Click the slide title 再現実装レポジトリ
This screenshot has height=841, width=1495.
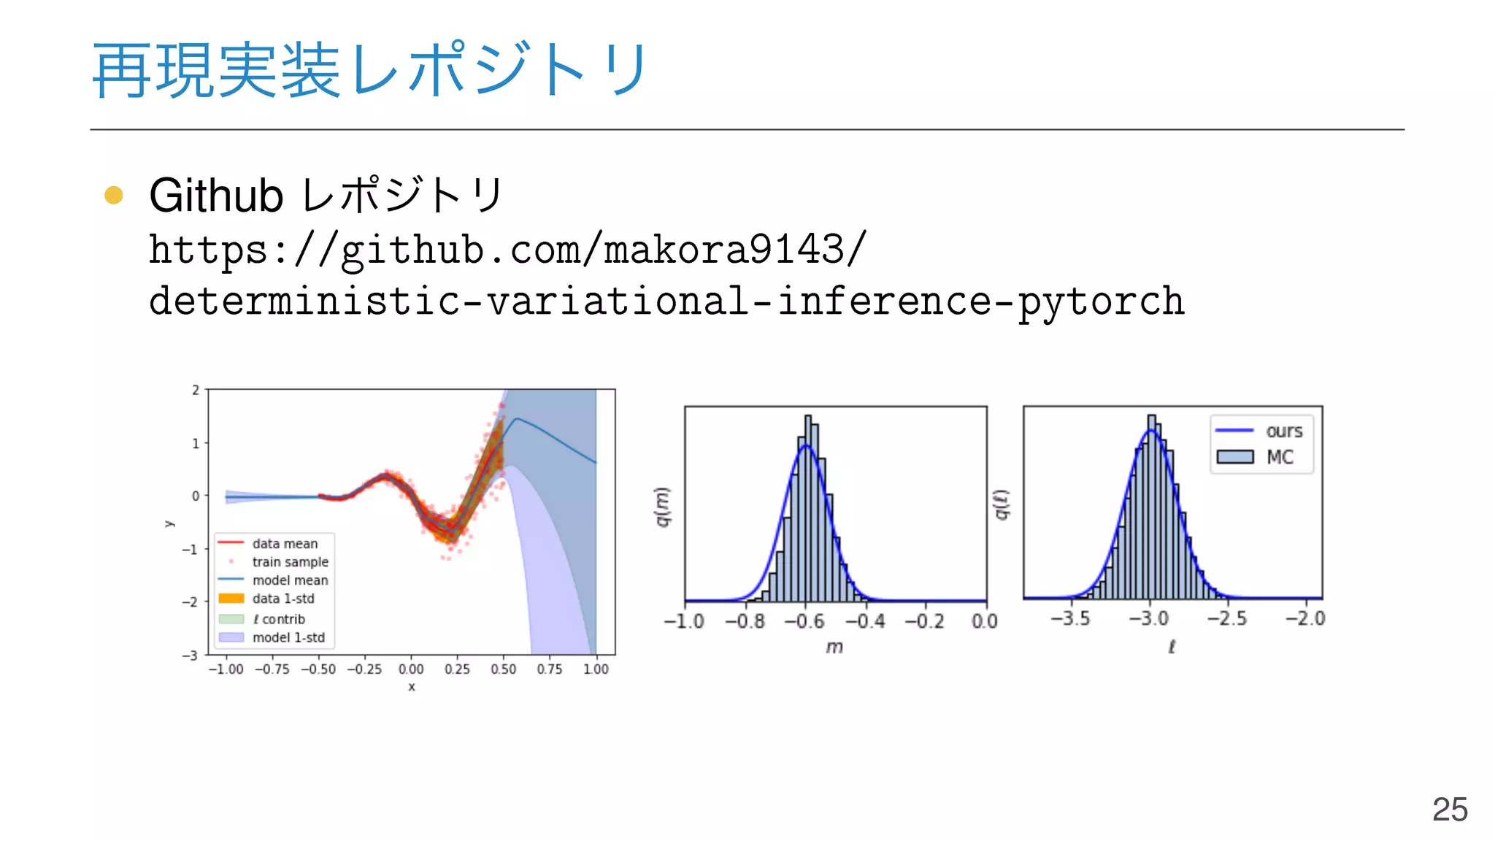[369, 70]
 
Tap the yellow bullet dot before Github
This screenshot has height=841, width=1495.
[114, 195]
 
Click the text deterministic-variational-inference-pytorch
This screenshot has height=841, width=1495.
[666, 301]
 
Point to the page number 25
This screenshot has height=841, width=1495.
[1449, 809]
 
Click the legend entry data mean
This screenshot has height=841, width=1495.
[285, 544]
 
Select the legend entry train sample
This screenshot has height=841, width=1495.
[290, 562]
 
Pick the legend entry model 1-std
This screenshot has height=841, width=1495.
[288, 637]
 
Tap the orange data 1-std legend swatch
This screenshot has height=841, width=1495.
[231, 599]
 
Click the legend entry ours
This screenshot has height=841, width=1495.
[1283, 431]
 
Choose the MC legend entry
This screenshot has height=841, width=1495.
[1279, 457]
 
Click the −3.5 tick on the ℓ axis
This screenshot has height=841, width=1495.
[1070, 618]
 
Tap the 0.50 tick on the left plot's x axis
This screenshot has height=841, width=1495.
[503, 669]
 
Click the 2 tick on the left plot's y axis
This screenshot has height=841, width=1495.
[195, 390]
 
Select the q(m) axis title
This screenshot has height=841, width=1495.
[661, 506]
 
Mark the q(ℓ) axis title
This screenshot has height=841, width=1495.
[1002, 504]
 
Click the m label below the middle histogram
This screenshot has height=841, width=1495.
[834, 647]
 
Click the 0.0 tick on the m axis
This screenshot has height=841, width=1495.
[984, 621]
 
